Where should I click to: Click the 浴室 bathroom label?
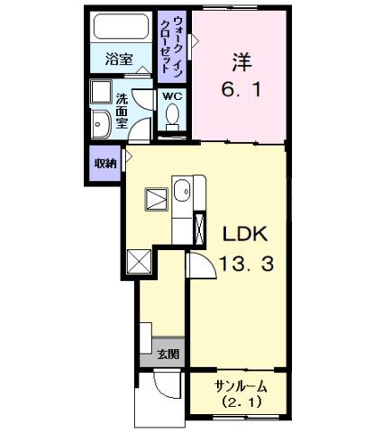(x=119, y=60)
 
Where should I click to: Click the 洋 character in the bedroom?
(x=241, y=64)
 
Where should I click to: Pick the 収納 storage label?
(x=105, y=163)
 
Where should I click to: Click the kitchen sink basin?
(x=182, y=191)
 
